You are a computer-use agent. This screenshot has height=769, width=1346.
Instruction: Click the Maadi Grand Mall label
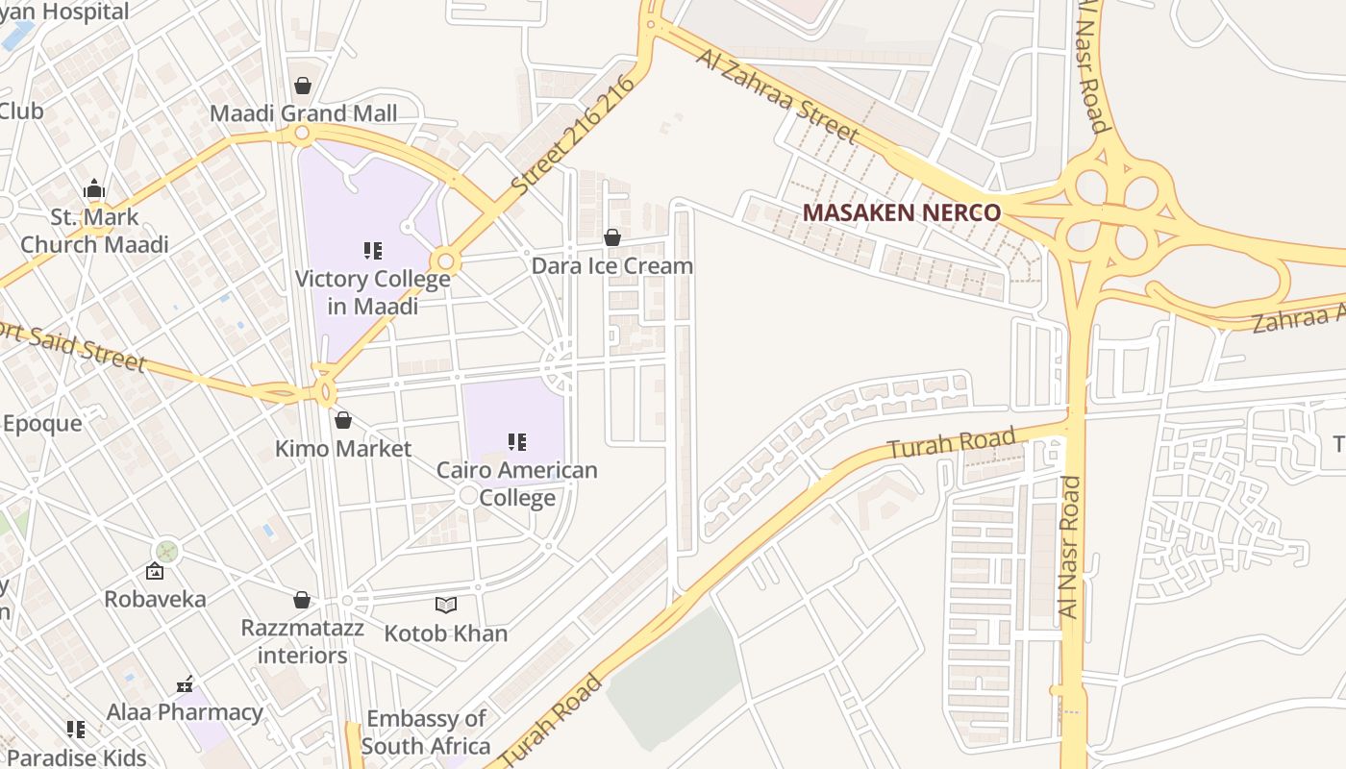(303, 113)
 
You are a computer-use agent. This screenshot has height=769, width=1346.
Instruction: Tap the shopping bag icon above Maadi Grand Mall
(303, 87)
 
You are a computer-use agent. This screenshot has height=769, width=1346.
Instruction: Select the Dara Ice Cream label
(612, 265)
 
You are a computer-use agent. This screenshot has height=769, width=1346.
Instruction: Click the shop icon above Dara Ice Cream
(612, 237)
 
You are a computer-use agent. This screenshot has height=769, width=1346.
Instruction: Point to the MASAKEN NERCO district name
(901, 212)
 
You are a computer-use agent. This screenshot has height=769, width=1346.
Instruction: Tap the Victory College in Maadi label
(373, 292)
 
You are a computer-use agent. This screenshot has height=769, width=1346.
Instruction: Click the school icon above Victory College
(373, 251)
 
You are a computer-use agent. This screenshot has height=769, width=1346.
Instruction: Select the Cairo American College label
(517, 484)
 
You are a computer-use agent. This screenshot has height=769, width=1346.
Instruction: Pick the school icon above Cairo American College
(517, 442)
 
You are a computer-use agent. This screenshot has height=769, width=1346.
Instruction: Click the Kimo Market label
(343, 448)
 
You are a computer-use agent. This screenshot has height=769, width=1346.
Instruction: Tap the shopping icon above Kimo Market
(343, 420)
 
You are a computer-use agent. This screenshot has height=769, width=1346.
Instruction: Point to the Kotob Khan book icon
(445, 605)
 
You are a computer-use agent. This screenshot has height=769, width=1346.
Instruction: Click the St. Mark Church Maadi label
(94, 231)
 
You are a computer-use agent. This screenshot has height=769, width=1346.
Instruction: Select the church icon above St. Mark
(94, 188)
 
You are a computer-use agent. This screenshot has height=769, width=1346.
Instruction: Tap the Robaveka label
(155, 599)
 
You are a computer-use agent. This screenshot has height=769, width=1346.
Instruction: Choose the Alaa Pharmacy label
(185, 712)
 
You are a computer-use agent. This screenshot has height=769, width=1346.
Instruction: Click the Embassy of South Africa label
(426, 732)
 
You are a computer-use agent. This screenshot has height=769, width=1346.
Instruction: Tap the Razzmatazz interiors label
(302, 641)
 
